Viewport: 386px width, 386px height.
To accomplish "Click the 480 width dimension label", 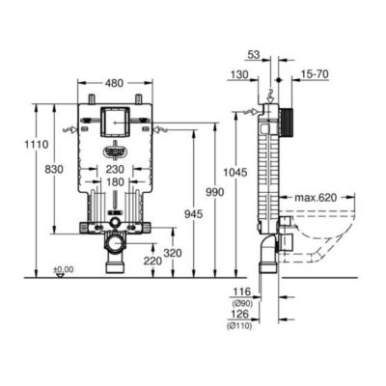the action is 114,83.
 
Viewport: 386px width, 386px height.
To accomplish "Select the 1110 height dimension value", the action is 37,145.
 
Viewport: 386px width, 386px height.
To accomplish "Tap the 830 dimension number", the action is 54,169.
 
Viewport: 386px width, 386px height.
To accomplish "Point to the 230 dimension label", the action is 115,169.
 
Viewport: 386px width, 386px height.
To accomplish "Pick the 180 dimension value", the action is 115,182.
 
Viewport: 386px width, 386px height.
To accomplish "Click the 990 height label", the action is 214,192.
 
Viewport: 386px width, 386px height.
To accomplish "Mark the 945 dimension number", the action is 194,213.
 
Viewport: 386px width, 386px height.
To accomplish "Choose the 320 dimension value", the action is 173,253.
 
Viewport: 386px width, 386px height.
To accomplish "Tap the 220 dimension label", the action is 152,261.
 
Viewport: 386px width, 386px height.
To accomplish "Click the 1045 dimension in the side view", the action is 235,173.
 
